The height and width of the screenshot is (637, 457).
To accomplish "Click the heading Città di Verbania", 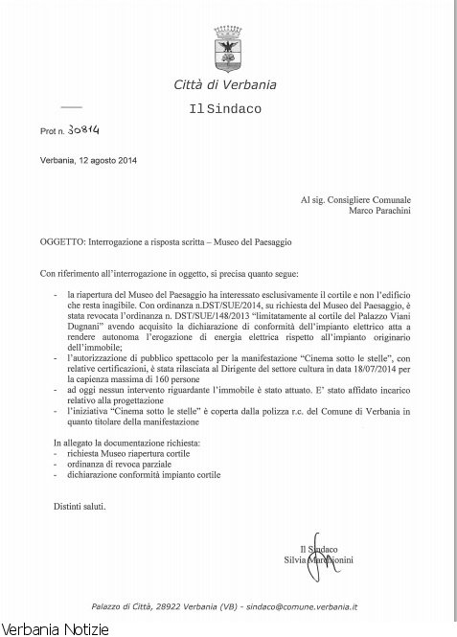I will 227,87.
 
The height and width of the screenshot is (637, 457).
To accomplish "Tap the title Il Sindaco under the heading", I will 227,109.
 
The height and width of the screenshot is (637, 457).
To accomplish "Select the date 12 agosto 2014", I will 106,159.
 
